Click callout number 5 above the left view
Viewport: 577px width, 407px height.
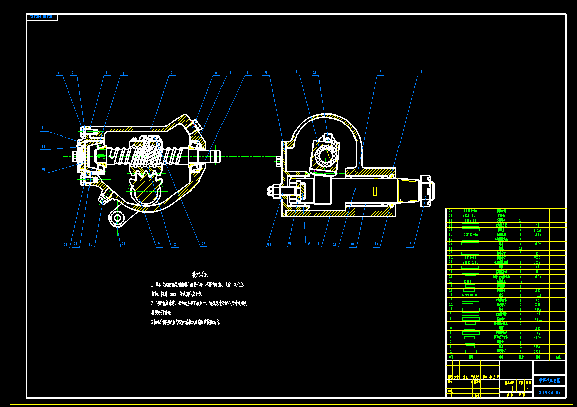[x=172, y=73]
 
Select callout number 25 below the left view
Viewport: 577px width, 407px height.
[x=123, y=244]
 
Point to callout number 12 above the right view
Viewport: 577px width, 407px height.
[x=379, y=72]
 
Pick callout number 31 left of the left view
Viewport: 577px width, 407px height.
[x=43, y=128]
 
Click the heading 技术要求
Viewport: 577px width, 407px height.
[x=200, y=274]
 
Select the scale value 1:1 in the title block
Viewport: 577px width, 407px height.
[x=527, y=389]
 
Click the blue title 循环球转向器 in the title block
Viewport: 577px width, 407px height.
[x=549, y=380]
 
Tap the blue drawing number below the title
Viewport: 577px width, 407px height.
[x=549, y=392]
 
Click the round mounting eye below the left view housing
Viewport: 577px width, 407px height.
[x=118, y=218]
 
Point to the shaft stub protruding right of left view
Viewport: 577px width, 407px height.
[x=212, y=156]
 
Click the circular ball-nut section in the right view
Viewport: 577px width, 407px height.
[x=324, y=155]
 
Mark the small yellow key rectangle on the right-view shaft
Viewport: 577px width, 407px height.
[x=375, y=191]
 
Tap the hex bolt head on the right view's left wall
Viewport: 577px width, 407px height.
[x=278, y=161]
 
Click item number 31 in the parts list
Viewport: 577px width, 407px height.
[x=451, y=211]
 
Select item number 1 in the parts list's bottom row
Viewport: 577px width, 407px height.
[x=451, y=351]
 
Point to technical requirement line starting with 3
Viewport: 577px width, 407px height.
[x=186, y=322]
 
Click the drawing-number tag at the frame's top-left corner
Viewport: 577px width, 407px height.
[x=42, y=17]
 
